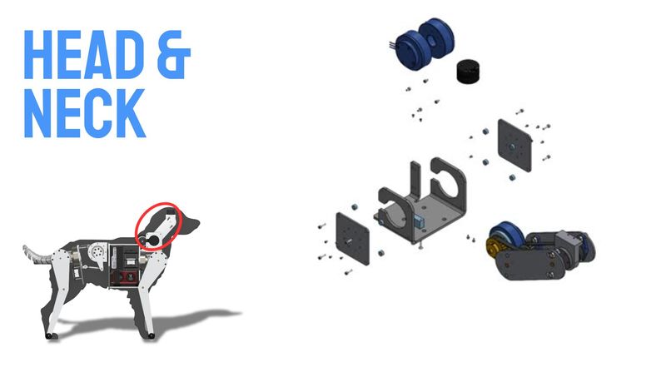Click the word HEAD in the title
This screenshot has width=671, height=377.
point(84,55)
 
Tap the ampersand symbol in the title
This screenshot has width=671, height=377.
point(173,55)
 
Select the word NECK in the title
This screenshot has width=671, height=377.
point(85,113)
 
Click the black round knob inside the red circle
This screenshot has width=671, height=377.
point(151,241)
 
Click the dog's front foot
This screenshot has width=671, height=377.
point(151,336)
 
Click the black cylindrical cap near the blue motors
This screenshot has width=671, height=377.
point(469,71)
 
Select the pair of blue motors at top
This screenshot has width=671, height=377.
point(424,43)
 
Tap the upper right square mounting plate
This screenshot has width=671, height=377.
point(514,146)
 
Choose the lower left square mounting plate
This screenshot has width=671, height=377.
point(353,238)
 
